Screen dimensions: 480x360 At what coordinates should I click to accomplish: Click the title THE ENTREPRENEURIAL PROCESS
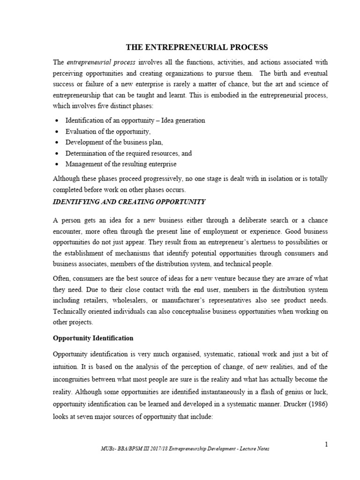[196, 47]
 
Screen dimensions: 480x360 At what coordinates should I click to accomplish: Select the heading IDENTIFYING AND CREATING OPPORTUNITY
[128, 202]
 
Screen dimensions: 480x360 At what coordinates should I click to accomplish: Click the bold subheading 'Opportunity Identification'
[93, 337]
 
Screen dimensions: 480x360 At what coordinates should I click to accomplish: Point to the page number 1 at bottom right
[326, 444]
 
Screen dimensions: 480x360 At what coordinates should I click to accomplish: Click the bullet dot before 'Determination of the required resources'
[57, 153]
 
